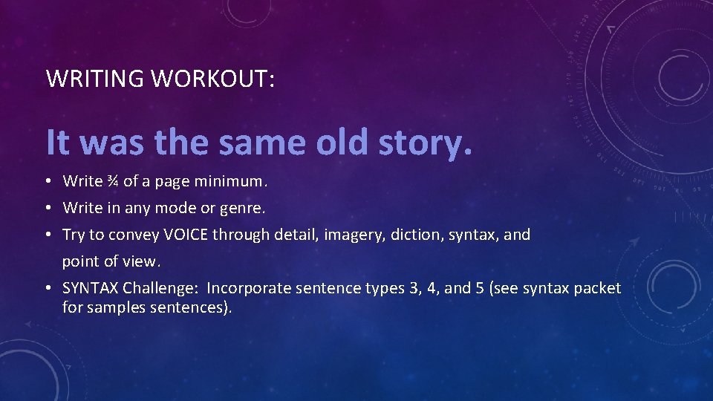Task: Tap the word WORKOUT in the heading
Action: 212,79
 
